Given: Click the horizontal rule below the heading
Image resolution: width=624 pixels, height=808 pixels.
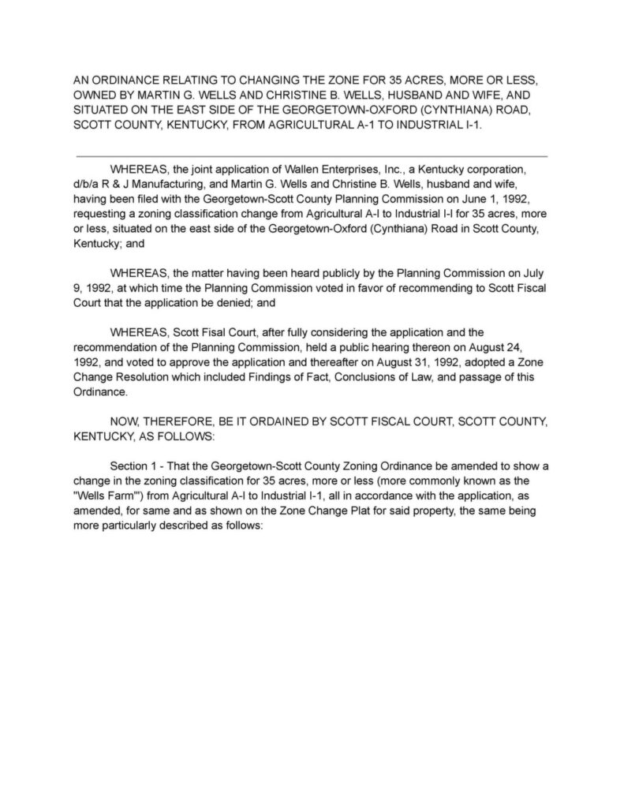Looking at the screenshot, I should click(312, 156).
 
